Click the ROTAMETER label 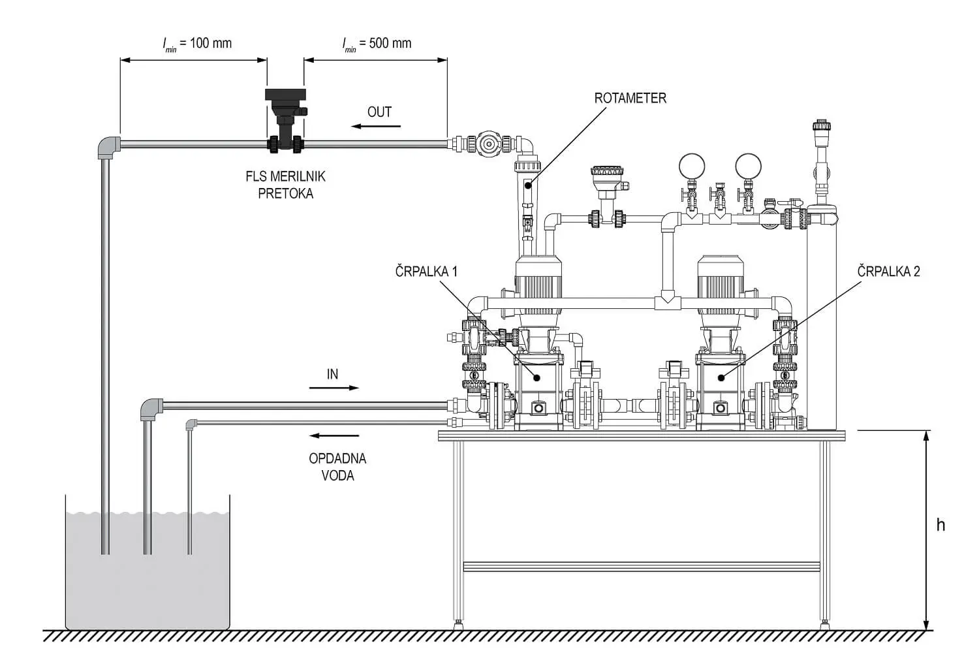tap(630, 99)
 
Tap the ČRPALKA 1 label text tap(426, 272)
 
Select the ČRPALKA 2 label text tap(888, 272)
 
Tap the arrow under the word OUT tap(376, 127)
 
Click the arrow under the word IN tap(334, 387)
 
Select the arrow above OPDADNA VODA tap(334, 436)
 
